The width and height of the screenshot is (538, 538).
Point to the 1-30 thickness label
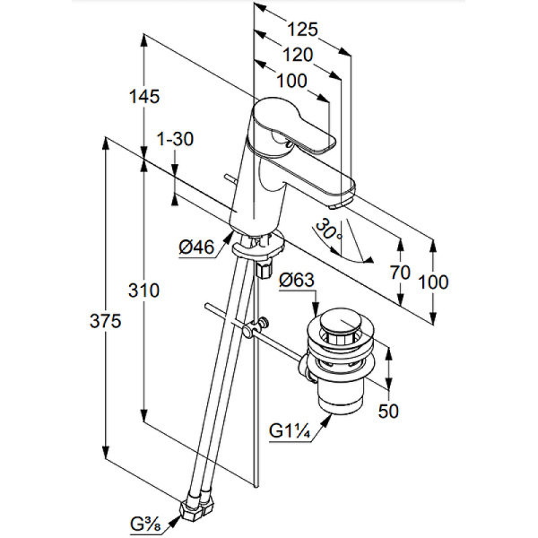(x=175, y=139)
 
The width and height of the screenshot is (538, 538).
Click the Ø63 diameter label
(x=297, y=281)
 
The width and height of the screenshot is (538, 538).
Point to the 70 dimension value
(x=401, y=272)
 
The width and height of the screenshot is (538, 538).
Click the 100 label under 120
(x=291, y=80)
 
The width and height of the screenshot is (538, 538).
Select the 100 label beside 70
(x=434, y=282)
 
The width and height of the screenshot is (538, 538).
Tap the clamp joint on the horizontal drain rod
(x=262, y=326)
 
